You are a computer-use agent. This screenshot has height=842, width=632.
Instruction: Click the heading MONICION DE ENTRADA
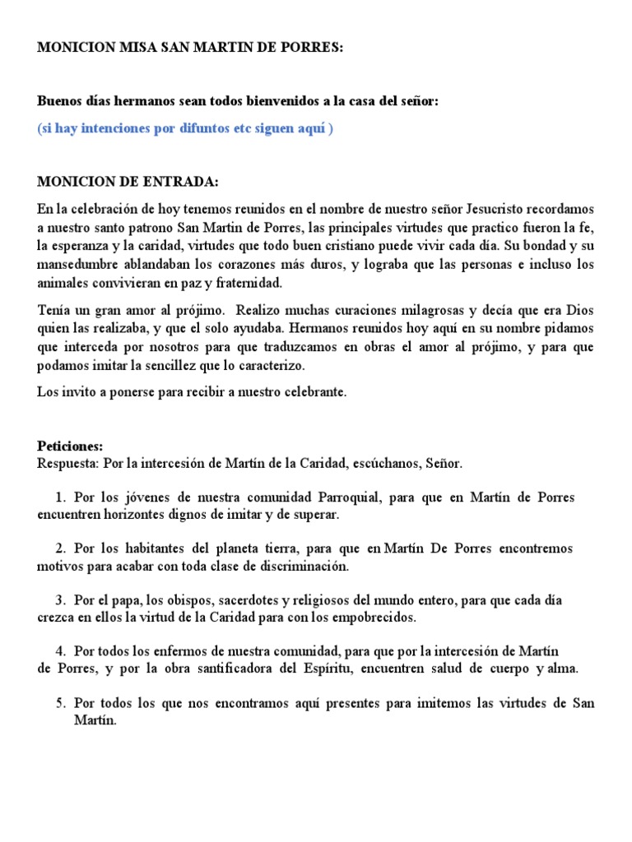pyautogui.click(x=129, y=181)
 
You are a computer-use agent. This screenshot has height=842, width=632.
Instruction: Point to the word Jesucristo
pyautogui.click(x=497, y=210)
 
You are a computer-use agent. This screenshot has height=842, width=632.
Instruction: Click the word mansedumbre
pyautogui.click(x=75, y=265)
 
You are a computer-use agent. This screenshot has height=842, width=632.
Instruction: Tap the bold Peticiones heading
pyautogui.click(x=70, y=446)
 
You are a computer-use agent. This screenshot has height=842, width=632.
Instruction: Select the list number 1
pyautogui.click(x=60, y=498)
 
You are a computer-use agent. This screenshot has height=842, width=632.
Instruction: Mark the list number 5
pyautogui.click(x=60, y=704)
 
